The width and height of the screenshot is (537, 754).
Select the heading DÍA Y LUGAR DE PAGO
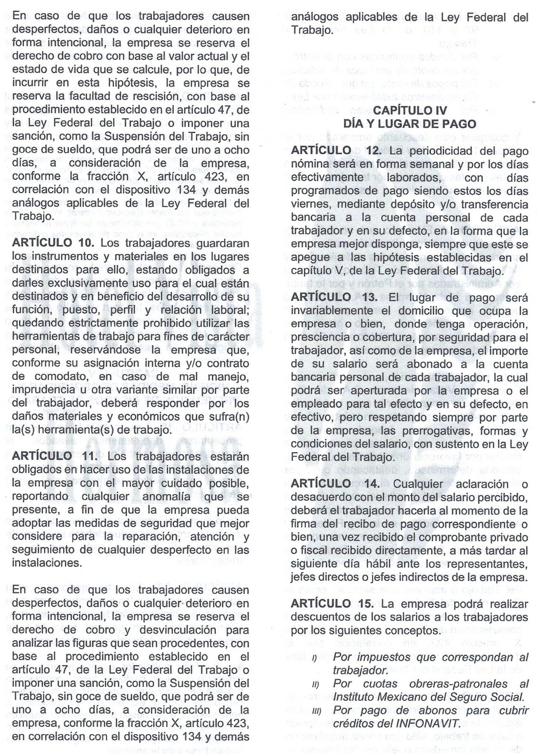pos(409,124)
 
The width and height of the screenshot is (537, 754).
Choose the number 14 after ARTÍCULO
pos(374,484)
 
